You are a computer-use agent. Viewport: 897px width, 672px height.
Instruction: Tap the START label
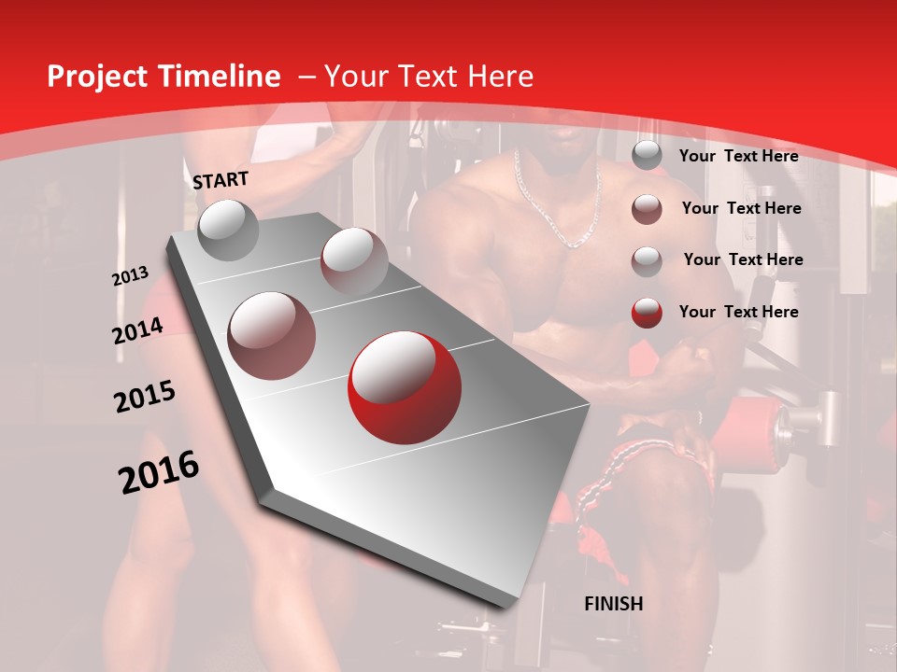tap(221, 180)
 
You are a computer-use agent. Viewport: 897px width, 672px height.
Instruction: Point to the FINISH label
tap(614, 604)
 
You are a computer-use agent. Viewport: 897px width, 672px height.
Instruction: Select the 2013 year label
tap(131, 276)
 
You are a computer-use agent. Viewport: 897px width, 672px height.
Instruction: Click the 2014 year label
tap(138, 330)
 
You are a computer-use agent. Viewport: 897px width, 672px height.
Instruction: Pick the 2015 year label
tap(145, 396)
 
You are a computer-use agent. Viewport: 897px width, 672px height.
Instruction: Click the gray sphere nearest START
tap(228, 230)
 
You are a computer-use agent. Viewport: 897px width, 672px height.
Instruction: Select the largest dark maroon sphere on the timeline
tap(271, 335)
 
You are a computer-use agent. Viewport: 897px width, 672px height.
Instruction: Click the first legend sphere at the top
tap(647, 156)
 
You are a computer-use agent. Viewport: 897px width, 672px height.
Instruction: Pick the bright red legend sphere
tap(647, 313)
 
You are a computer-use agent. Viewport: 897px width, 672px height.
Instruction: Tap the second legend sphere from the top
tap(647, 209)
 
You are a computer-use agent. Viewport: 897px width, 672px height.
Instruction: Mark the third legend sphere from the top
tap(647, 261)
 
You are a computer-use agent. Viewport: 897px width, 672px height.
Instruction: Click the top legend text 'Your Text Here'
tap(738, 156)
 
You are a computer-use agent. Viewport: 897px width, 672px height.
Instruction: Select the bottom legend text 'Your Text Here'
tap(738, 312)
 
